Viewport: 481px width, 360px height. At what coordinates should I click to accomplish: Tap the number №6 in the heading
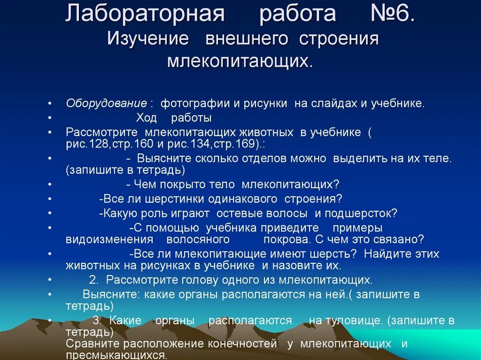point(392,15)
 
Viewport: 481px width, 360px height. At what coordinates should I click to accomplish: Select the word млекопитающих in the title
point(240,61)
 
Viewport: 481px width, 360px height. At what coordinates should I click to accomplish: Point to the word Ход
point(147,118)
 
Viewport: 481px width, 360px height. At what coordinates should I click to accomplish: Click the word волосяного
point(198,239)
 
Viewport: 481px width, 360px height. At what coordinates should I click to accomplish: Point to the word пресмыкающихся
point(116,355)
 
